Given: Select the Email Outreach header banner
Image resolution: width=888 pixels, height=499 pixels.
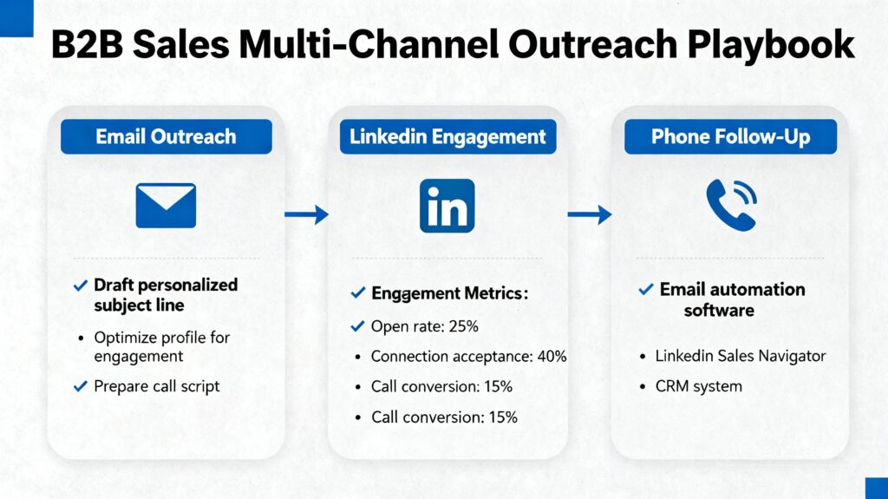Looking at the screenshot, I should (x=166, y=137).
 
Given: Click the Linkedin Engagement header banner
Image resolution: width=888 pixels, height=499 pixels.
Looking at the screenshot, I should (x=447, y=137).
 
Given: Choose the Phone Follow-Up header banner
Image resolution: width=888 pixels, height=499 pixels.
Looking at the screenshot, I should (x=730, y=137).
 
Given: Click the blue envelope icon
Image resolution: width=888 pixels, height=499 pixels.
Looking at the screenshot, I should (x=166, y=206).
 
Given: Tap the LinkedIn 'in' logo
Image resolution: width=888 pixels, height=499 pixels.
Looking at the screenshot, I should (x=447, y=206).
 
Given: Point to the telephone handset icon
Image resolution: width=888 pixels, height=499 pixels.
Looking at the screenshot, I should (x=730, y=205).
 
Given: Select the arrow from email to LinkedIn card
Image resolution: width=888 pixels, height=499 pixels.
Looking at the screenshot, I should (x=306, y=214).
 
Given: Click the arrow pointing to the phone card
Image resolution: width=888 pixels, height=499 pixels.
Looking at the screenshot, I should (x=590, y=214).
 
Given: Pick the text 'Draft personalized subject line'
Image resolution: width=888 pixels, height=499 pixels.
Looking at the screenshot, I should (x=165, y=295).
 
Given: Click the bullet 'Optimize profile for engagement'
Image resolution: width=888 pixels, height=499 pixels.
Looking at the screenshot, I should (x=161, y=346).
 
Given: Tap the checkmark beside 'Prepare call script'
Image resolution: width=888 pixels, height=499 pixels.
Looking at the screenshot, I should (x=81, y=386).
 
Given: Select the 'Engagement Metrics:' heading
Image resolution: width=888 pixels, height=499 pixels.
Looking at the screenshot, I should (x=449, y=294).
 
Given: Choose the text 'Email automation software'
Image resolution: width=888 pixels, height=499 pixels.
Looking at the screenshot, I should (x=732, y=299).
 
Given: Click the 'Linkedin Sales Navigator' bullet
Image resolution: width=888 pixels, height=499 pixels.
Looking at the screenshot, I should (x=740, y=356).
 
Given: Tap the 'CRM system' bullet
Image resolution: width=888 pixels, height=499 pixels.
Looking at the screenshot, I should (x=698, y=386).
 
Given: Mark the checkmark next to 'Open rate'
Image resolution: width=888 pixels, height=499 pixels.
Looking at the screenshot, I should (x=356, y=327).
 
